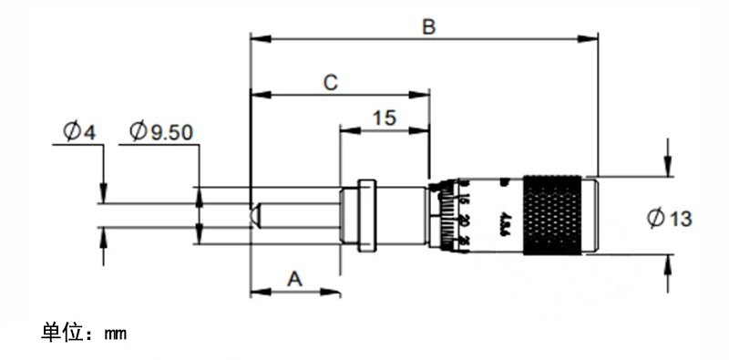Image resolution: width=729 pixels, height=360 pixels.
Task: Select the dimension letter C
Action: [x=332, y=83]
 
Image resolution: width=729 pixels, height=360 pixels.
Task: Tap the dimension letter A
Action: [x=294, y=279]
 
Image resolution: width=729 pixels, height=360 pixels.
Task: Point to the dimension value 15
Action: [x=384, y=118]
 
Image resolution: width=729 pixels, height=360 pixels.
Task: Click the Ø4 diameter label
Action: [x=79, y=131]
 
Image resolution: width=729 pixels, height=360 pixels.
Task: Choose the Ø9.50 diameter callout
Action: [x=160, y=131]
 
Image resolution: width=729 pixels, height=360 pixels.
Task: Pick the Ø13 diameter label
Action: [x=669, y=218]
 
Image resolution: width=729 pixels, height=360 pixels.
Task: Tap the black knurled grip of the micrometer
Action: [x=551, y=215]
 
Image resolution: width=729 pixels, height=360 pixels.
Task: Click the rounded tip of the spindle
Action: [x=256, y=215]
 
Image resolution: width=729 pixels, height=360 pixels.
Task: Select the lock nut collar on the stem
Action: [x=366, y=215]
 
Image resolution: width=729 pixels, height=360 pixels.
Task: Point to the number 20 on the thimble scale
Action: [x=465, y=221]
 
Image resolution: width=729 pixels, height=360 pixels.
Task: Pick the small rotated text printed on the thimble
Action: [x=503, y=221]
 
